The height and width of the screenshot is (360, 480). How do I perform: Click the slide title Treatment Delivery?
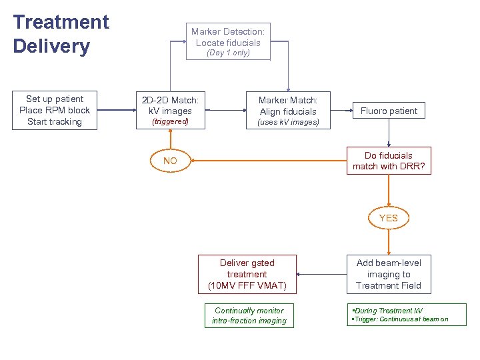click(x=61, y=34)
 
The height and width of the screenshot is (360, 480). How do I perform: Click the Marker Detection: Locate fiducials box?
click(x=228, y=37)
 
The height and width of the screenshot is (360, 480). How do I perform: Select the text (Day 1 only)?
click(x=228, y=53)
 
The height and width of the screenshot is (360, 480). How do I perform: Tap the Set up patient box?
click(x=55, y=110)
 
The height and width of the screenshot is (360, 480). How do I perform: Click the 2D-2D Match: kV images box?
click(x=170, y=105)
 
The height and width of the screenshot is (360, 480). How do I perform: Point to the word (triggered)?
click(x=170, y=122)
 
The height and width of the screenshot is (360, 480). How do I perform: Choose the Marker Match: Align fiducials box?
click(x=288, y=106)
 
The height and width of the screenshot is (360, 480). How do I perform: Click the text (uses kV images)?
click(x=288, y=122)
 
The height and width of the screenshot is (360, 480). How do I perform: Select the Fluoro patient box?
click(x=389, y=111)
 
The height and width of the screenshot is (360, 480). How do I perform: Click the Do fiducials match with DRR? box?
click(x=388, y=161)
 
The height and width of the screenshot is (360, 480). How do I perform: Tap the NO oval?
click(x=170, y=161)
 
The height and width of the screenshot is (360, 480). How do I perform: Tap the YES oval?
click(x=388, y=218)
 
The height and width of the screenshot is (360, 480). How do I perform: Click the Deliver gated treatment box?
click(x=247, y=274)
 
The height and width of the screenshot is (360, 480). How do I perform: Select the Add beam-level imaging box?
click(x=388, y=274)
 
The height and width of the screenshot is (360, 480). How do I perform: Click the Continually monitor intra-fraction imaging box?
click(x=249, y=315)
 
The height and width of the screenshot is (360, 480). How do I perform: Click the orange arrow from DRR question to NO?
click(x=267, y=161)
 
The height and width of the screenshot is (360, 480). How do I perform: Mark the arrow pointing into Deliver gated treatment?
click(x=320, y=274)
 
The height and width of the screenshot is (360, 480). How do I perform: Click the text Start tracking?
click(x=55, y=121)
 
